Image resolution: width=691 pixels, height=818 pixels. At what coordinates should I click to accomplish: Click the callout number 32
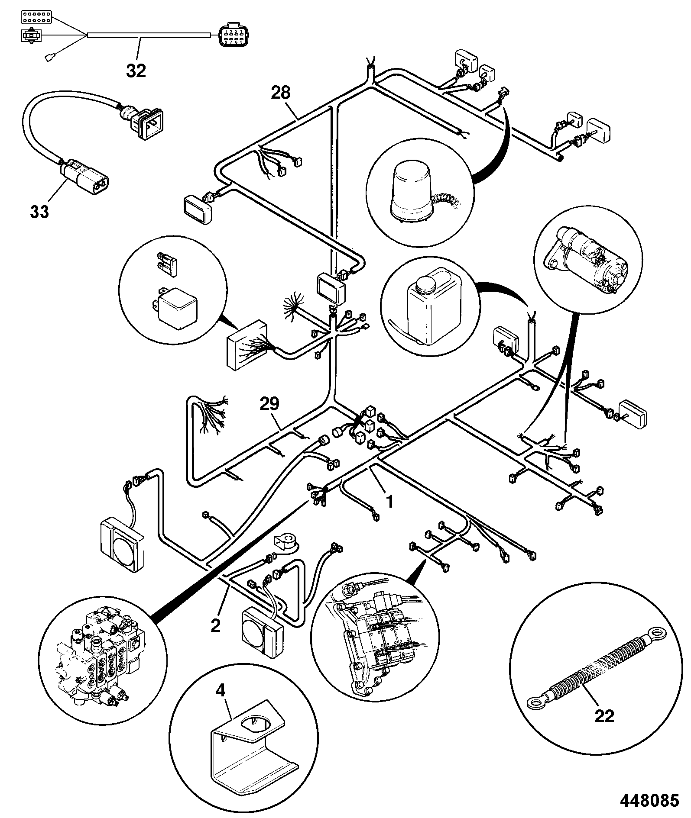point(136,71)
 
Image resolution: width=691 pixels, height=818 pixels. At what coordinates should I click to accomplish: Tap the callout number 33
point(39,212)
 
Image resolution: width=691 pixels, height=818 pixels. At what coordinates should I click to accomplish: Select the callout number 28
point(281,93)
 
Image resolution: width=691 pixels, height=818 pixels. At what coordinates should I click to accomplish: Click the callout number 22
point(604,716)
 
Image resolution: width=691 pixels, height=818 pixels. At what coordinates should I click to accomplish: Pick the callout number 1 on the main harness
point(389,502)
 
